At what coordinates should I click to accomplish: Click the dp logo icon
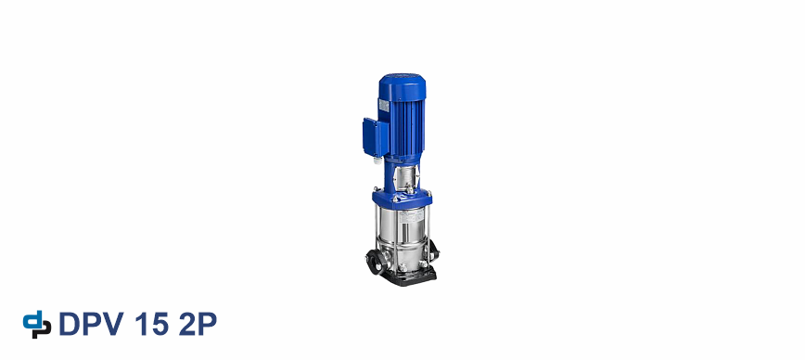(x=37, y=325)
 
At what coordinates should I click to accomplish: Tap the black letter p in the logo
(x=43, y=329)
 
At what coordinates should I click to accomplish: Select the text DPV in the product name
(x=92, y=324)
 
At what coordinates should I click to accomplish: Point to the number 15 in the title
(x=152, y=324)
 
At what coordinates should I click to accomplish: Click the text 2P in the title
(x=198, y=324)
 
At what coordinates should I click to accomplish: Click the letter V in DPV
(x=113, y=324)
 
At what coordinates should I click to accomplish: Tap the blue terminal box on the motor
(x=374, y=137)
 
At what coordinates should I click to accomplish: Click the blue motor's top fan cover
(x=402, y=87)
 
